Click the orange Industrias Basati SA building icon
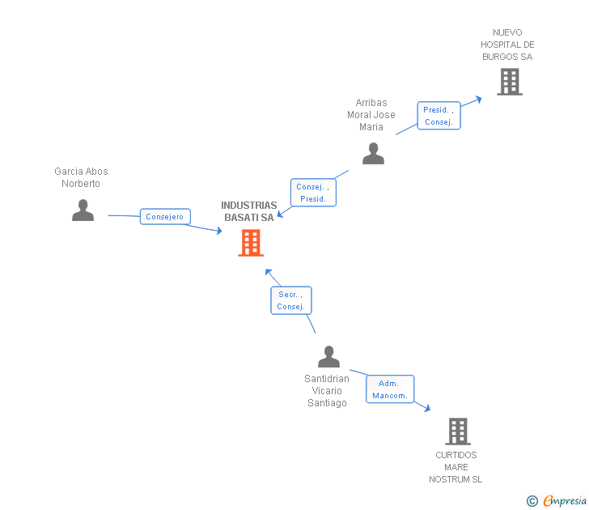[x=251, y=243]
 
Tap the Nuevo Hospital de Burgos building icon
[x=509, y=82]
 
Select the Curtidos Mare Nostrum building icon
[x=457, y=431]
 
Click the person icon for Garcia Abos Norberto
[x=83, y=210]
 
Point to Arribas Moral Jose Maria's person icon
[x=373, y=153]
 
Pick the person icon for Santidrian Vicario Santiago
[x=328, y=357]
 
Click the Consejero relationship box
[x=166, y=217]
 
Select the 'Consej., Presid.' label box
[x=312, y=193]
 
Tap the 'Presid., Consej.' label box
[x=439, y=116]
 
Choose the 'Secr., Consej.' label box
[x=290, y=300]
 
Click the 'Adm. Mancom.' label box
[x=390, y=389]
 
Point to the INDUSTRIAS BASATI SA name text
[x=249, y=211]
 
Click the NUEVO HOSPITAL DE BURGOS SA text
[x=507, y=45]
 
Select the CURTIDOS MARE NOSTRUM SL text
[x=456, y=467]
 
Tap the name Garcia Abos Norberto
[x=81, y=177]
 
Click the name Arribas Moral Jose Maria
[x=371, y=115]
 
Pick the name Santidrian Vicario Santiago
[x=327, y=391]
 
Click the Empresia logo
[x=565, y=501]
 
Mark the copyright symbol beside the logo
[x=532, y=501]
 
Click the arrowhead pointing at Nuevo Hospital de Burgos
[x=478, y=99]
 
